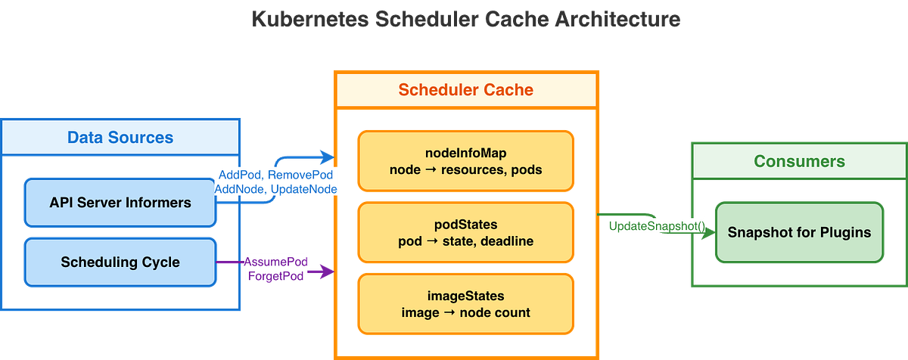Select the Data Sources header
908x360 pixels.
pyautogui.click(x=120, y=138)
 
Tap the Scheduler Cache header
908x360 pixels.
pyautogui.click(x=466, y=90)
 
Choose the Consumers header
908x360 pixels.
pyautogui.click(x=799, y=161)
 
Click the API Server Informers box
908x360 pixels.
pyautogui.click(x=120, y=202)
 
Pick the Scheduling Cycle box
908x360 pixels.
pyautogui.click(x=120, y=262)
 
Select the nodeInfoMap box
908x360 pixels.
pyautogui.click(x=466, y=160)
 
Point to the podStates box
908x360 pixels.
pyautogui.click(x=466, y=233)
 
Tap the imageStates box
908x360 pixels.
pyautogui.click(x=466, y=304)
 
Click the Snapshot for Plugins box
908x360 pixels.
pyautogui.click(x=799, y=232)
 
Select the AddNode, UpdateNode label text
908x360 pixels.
pyautogui.click(x=275, y=188)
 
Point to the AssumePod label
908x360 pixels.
pyautogui.click(x=275, y=262)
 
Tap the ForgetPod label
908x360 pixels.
pyautogui.click(x=275, y=276)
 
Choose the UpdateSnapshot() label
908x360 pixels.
pyautogui.click(x=656, y=226)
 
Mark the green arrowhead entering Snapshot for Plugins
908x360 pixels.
pyautogui.click(x=707, y=235)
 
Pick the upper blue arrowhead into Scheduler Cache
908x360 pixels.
pyautogui.click(x=326, y=157)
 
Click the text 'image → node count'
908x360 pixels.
pyautogui.click(x=465, y=312)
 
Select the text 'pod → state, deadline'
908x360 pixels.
pyautogui.click(x=466, y=241)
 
